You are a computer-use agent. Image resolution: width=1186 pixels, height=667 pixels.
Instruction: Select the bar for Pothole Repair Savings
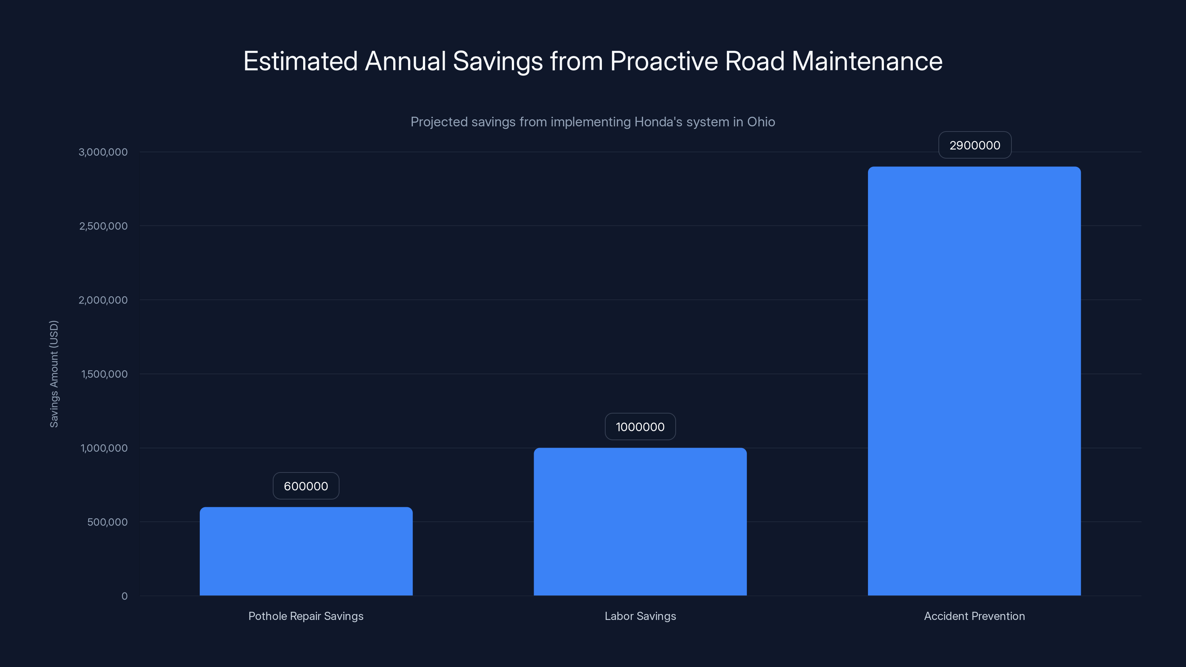pyautogui.click(x=306, y=551)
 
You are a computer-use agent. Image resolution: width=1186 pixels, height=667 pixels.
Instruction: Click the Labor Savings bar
pyautogui.click(x=640, y=521)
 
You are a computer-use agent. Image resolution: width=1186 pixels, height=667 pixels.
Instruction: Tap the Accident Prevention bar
pyautogui.click(x=974, y=381)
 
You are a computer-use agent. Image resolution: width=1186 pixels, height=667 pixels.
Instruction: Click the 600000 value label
pyautogui.click(x=306, y=486)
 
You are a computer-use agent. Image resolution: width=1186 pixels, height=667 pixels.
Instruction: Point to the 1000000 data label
pyautogui.click(x=640, y=427)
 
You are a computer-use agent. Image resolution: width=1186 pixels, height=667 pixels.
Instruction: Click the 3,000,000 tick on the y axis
pyautogui.click(x=103, y=152)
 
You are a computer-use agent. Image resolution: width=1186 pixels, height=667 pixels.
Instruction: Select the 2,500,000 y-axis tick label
pyautogui.click(x=103, y=226)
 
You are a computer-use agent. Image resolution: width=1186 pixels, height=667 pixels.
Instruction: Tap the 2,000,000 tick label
pyautogui.click(x=103, y=300)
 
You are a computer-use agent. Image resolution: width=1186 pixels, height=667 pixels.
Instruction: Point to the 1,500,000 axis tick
pyautogui.click(x=104, y=374)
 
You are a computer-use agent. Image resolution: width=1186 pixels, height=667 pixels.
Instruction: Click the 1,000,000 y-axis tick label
pyautogui.click(x=104, y=448)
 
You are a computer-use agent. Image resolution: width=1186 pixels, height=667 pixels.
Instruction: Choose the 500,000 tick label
pyautogui.click(x=107, y=522)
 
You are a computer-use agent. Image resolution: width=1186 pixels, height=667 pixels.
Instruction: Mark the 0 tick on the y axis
pyautogui.click(x=124, y=596)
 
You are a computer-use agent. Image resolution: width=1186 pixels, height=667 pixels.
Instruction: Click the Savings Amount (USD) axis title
pyautogui.click(x=54, y=374)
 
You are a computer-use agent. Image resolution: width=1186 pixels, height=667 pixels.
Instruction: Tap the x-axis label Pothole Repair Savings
pyautogui.click(x=306, y=616)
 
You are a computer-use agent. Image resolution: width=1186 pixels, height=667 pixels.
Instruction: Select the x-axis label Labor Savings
pyautogui.click(x=640, y=616)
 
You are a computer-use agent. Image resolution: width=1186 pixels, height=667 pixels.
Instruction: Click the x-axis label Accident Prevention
pyautogui.click(x=974, y=616)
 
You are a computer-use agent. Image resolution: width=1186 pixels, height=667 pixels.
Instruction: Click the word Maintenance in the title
pyautogui.click(x=867, y=61)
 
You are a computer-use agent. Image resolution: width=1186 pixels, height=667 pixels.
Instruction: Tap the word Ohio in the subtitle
pyautogui.click(x=761, y=122)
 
